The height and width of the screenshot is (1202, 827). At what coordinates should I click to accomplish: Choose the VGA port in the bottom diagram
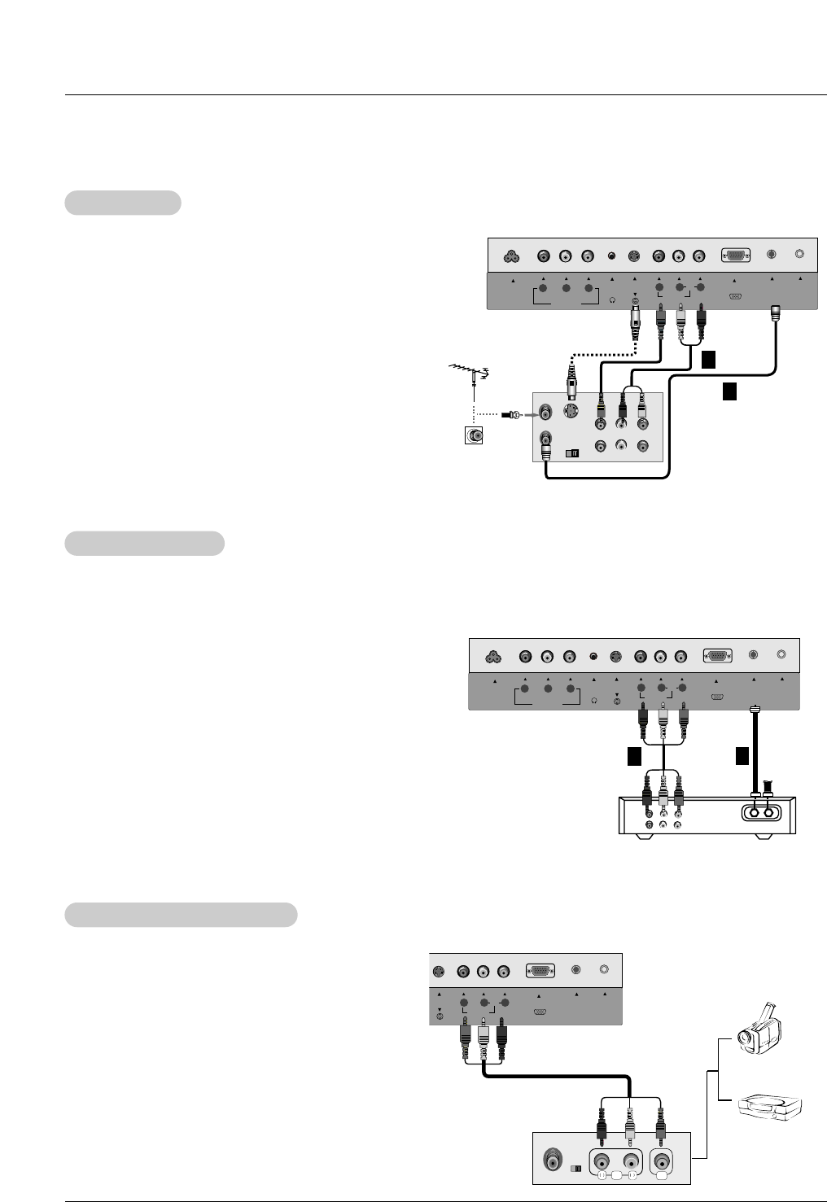[540, 970]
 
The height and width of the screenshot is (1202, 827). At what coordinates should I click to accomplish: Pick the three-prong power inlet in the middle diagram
[492, 657]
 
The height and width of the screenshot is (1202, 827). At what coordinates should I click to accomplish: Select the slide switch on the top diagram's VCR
[571, 452]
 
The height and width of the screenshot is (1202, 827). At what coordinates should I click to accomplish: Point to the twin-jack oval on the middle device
[760, 811]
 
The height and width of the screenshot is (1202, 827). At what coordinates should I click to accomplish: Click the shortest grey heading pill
[123, 203]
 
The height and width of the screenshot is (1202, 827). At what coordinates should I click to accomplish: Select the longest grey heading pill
[181, 914]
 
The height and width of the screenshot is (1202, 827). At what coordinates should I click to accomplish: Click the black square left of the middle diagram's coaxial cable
[742, 756]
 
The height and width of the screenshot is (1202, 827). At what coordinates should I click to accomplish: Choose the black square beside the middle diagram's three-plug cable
[634, 757]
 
